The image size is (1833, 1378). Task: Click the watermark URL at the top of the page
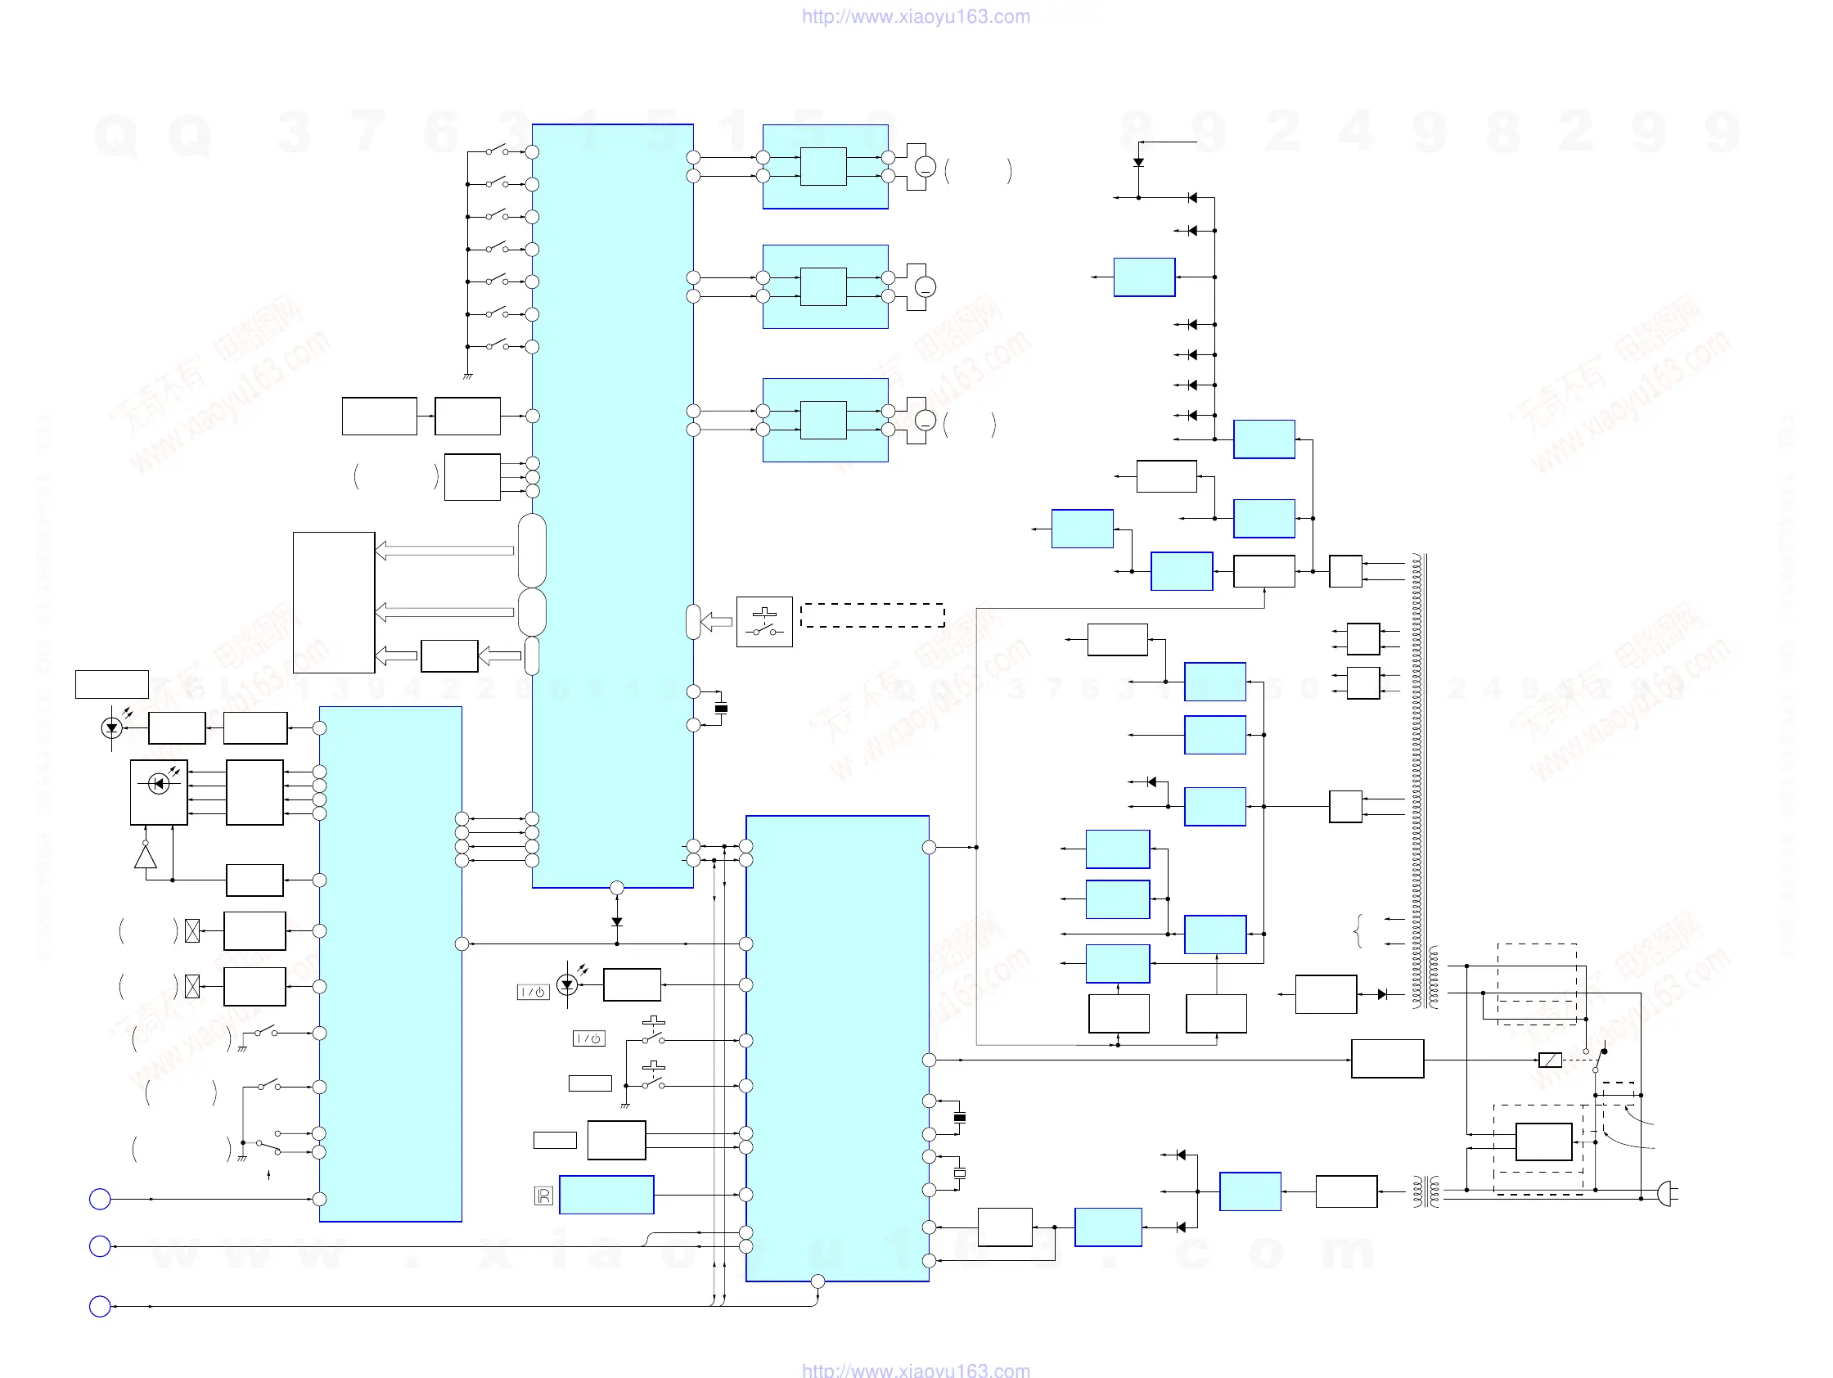[915, 16]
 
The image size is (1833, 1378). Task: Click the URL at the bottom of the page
[915, 1370]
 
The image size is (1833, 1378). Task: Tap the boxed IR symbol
[543, 1196]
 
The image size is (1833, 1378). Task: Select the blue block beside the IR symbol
[606, 1194]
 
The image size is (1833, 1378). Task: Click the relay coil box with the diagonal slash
[1549, 1060]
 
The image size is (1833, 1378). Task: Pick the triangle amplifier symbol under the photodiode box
[146, 856]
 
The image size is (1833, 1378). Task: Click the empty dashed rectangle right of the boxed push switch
[871, 615]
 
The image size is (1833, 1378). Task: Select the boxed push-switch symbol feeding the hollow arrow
[764, 621]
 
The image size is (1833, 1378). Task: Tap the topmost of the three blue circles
[100, 1199]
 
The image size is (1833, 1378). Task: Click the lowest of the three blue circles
[100, 1306]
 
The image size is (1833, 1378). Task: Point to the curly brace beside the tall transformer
[1358, 930]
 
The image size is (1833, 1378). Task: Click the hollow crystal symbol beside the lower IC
[960, 1173]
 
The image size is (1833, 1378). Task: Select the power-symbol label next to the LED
[533, 992]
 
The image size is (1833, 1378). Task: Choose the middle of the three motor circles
[925, 286]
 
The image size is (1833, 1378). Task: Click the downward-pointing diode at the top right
[1138, 162]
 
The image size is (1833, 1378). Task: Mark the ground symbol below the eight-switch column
[467, 376]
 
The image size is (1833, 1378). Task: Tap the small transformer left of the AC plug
[1425, 1192]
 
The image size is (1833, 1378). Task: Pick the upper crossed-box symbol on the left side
[192, 931]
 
